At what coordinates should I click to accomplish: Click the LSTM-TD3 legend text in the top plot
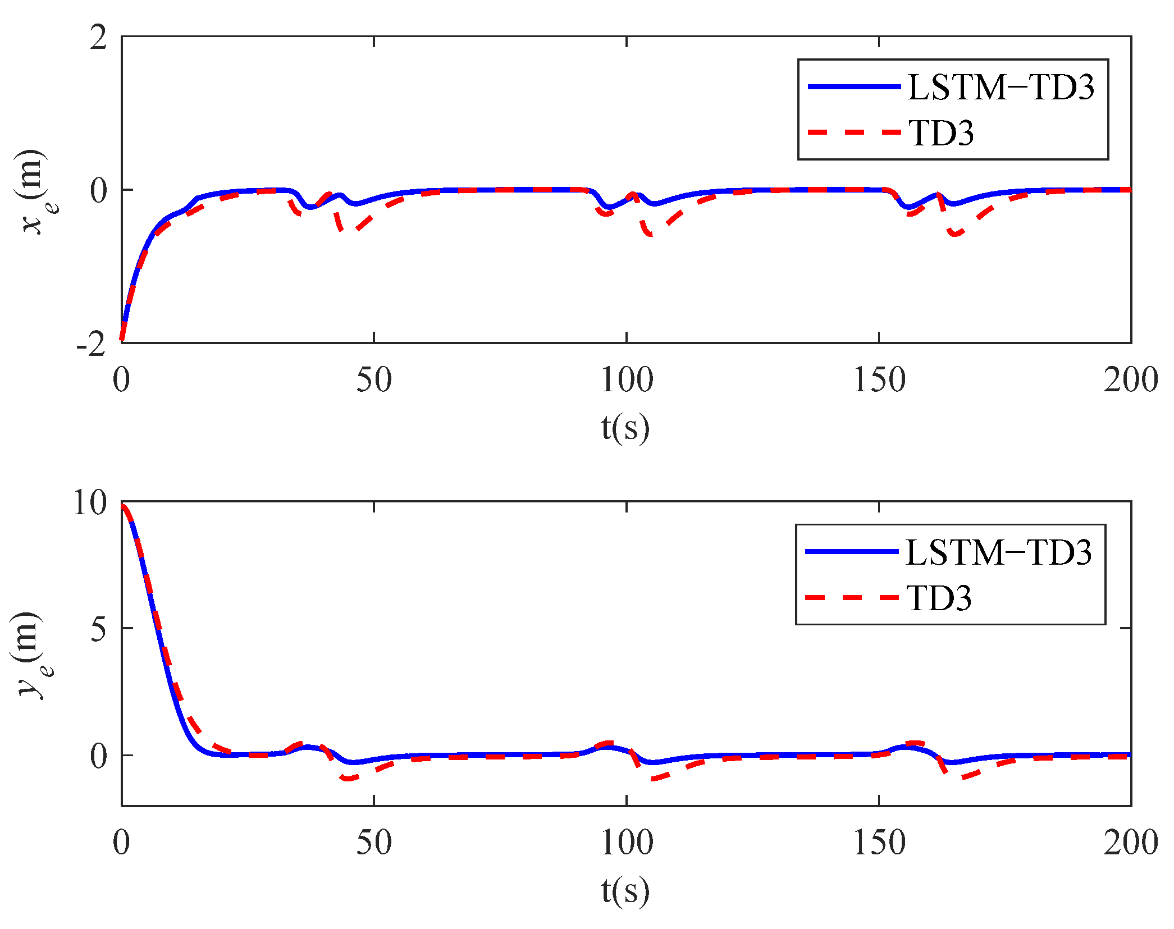click(x=1001, y=88)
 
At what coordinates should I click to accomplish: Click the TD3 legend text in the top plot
click(x=941, y=133)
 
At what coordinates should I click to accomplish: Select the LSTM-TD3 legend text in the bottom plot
click(x=998, y=552)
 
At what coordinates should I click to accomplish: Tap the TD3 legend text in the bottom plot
click(x=939, y=598)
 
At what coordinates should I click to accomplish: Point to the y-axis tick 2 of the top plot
click(x=98, y=38)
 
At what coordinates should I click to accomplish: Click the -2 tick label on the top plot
click(x=92, y=343)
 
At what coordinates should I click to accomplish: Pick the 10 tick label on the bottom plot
click(x=90, y=502)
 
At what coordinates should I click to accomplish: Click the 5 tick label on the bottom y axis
click(x=98, y=629)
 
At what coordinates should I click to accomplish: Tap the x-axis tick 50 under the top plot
click(x=374, y=380)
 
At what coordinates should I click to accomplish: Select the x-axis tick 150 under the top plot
click(x=879, y=380)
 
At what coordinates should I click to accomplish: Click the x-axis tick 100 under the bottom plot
click(x=627, y=843)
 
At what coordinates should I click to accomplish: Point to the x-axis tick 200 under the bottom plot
click(x=1130, y=843)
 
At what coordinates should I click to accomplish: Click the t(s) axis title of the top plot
click(x=625, y=428)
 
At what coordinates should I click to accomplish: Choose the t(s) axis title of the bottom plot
click(x=625, y=891)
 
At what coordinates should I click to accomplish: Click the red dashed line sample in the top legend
click(x=854, y=132)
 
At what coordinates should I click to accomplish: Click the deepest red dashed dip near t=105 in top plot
click(x=650, y=234)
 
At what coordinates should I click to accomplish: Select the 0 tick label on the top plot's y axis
click(x=98, y=191)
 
